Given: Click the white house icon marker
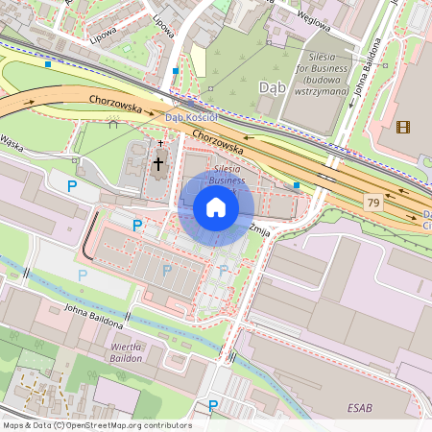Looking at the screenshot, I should [216, 207].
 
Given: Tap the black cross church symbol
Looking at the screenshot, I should [158, 163].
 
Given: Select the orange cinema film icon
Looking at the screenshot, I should [402, 126].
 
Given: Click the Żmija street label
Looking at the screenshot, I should [257, 229].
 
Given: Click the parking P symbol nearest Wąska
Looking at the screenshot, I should [71, 184].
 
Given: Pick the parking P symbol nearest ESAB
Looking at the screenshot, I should [213, 406].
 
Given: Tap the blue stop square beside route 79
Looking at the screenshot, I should [297, 184].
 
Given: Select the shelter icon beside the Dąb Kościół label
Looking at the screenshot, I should [113, 123].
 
